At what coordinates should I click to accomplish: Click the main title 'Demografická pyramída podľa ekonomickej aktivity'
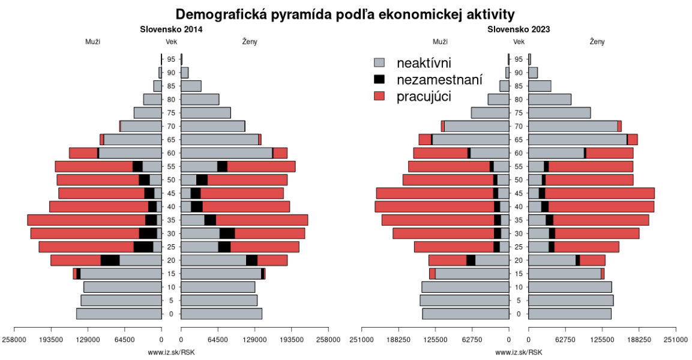(x=345, y=14)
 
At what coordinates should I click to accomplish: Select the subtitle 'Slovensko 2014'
(x=171, y=29)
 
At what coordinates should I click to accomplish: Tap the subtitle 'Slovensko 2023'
(x=519, y=29)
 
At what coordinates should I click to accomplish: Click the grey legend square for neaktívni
(x=379, y=63)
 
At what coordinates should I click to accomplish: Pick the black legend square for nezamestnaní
(x=379, y=79)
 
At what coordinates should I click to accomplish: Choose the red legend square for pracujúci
(x=379, y=96)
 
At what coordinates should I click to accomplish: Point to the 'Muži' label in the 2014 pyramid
(x=92, y=42)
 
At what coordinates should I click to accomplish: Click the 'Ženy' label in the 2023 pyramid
(x=597, y=42)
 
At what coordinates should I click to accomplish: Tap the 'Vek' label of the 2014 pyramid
(x=171, y=42)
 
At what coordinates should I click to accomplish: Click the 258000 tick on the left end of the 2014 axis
(x=14, y=340)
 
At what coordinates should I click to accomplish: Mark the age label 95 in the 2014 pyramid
(x=171, y=59)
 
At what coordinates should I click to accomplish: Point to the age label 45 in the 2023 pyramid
(x=519, y=193)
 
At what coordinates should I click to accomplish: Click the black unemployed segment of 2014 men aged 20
(x=110, y=260)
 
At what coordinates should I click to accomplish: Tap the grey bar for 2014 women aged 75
(x=206, y=113)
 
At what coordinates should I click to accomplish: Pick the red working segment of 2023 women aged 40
(x=601, y=206)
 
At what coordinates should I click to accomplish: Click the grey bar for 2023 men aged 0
(x=465, y=314)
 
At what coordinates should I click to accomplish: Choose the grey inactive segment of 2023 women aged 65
(x=577, y=139)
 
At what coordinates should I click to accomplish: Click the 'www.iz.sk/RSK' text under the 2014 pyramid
(x=171, y=352)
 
